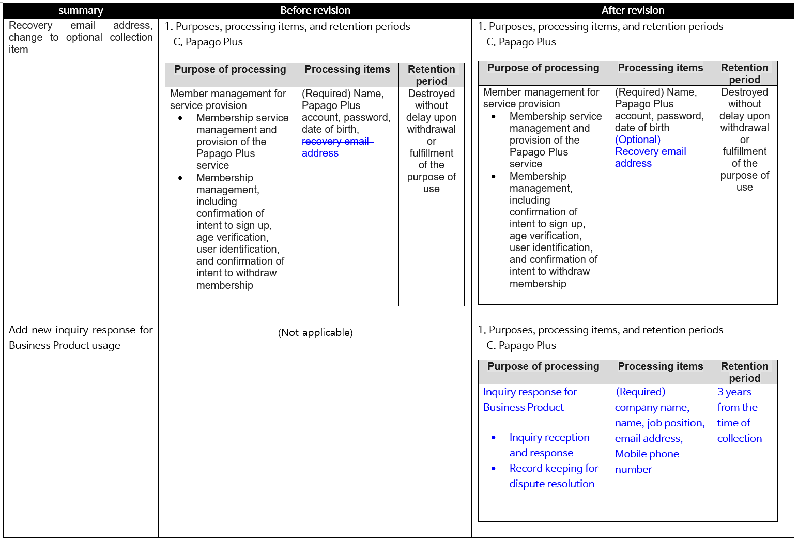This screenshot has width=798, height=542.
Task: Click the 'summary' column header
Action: (x=81, y=10)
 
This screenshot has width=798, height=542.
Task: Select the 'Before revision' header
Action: (x=315, y=10)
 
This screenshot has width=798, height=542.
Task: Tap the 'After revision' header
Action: (x=633, y=10)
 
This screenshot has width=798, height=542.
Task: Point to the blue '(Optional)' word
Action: (x=638, y=140)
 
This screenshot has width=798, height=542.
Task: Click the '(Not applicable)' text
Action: (x=315, y=332)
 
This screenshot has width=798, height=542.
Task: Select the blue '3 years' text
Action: (x=734, y=392)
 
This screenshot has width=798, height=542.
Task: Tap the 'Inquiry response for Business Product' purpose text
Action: (x=530, y=399)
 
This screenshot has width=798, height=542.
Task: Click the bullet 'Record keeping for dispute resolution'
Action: (x=553, y=476)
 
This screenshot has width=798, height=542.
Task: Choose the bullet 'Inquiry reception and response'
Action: (x=549, y=445)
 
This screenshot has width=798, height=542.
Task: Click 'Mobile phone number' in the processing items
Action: (x=647, y=461)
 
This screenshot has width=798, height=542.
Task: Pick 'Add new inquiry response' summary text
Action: (x=80, y=337)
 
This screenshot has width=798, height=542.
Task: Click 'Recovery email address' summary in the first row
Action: (x=80, y=37)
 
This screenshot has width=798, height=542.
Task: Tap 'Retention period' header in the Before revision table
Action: (x=431, y=75)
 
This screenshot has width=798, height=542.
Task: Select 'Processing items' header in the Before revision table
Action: (x=347, y=69)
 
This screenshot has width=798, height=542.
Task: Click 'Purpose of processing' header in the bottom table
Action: (x=543, y=366)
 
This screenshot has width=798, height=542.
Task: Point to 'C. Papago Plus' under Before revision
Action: (x=208, y=42)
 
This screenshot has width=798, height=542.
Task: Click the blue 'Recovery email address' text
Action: (x=650, y=158)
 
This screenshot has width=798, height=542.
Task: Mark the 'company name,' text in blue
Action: (x=652, y=407)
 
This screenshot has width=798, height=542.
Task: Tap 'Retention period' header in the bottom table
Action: (x=744, y=372)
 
